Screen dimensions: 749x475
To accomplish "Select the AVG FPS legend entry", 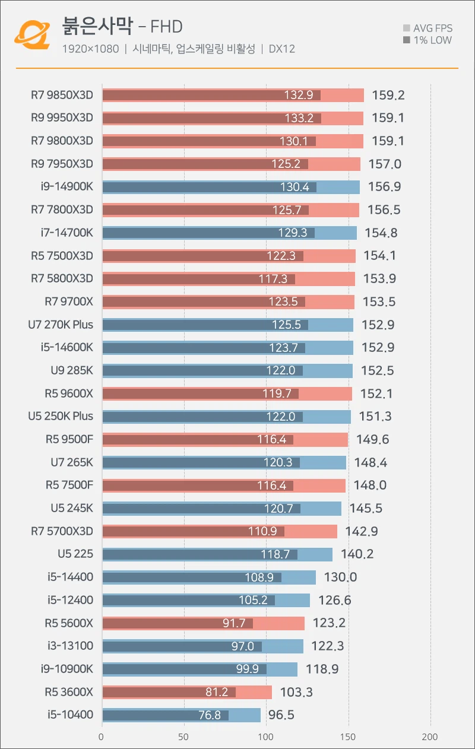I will click(x=427, y=28).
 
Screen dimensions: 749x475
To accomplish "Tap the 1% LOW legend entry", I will click(x=427, y=40).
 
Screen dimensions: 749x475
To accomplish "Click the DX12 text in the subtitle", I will click(x=282, y=49).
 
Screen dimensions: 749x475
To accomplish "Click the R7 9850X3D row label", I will click(x=62, y=95).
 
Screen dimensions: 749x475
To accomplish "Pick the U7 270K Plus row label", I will click(x=61, y=325).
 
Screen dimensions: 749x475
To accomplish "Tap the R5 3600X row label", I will click(x=69, y=692).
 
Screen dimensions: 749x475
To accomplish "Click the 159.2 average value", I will click(x=388, y=95).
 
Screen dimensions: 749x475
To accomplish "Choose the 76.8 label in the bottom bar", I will click(x=210, y=715).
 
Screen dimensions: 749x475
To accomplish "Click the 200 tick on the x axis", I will click(x=430, y=737).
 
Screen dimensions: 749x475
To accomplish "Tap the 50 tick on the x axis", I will click(x=184, y=737).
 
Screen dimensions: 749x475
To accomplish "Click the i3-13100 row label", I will click(x=70, y=646).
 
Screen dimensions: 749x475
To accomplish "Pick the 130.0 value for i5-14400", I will click(x=340, y=577).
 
